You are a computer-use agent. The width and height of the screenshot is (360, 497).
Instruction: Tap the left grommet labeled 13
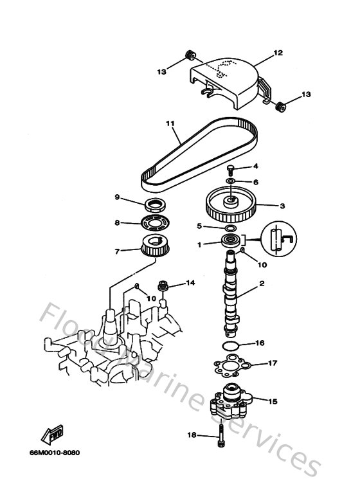coord(191,55)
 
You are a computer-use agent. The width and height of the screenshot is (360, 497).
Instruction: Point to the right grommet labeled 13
coord(280,107)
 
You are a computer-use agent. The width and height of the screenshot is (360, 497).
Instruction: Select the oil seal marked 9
coord(154,205)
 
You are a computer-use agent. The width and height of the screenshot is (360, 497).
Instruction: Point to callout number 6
coord(256,182)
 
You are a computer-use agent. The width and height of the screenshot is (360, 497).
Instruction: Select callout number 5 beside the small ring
coord(199,226)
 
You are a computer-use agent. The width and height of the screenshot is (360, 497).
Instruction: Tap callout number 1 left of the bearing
coord(199,244)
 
